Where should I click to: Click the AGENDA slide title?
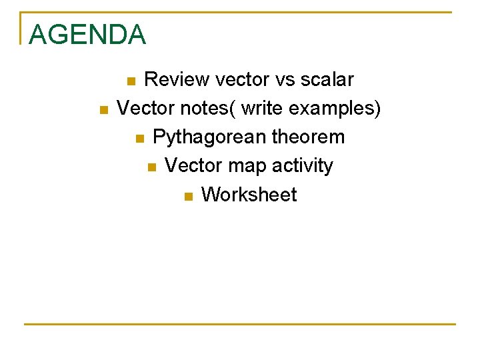87,35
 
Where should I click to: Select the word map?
245,166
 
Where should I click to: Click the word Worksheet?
249,195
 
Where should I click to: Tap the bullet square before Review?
131,82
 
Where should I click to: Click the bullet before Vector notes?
103,110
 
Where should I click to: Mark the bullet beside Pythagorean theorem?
139,139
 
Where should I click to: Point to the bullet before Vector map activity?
151,167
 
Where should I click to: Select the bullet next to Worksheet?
187,196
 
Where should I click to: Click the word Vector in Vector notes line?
145,109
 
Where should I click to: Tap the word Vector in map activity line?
193,166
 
